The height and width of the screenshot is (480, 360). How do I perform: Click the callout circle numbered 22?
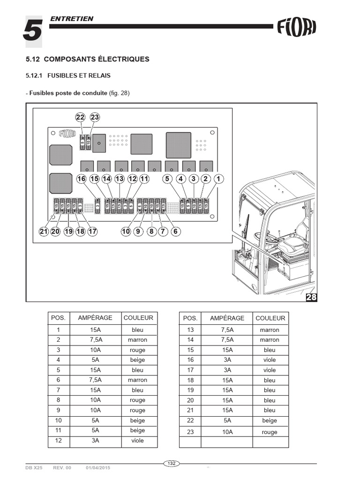coord(81,117)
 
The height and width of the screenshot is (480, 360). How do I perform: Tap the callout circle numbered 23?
coord(95,117)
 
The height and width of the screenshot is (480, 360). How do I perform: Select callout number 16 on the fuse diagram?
coord(82,179)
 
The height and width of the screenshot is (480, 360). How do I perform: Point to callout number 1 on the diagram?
coord(218,179)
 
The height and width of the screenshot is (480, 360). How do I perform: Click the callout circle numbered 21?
coord(44,231)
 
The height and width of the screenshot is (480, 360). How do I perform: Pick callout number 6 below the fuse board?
coord(176,231)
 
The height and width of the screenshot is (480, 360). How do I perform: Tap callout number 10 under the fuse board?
coord(126,231)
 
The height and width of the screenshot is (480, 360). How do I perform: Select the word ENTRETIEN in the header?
coord(71,19)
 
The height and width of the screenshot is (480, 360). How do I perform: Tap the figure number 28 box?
coord(311,297)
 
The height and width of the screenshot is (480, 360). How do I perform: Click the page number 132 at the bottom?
coord(172,464)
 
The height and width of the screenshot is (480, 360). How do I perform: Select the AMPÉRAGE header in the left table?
coord(95,317)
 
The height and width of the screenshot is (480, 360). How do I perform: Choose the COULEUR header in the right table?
coord(270,318)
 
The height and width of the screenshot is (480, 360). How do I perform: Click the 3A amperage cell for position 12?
coord(95,440)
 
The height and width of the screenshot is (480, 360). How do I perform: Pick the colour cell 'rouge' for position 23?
coord(270,432)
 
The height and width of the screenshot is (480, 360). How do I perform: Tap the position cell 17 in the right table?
coord(190,370)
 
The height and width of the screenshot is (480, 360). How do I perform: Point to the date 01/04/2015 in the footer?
coord(98,468)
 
